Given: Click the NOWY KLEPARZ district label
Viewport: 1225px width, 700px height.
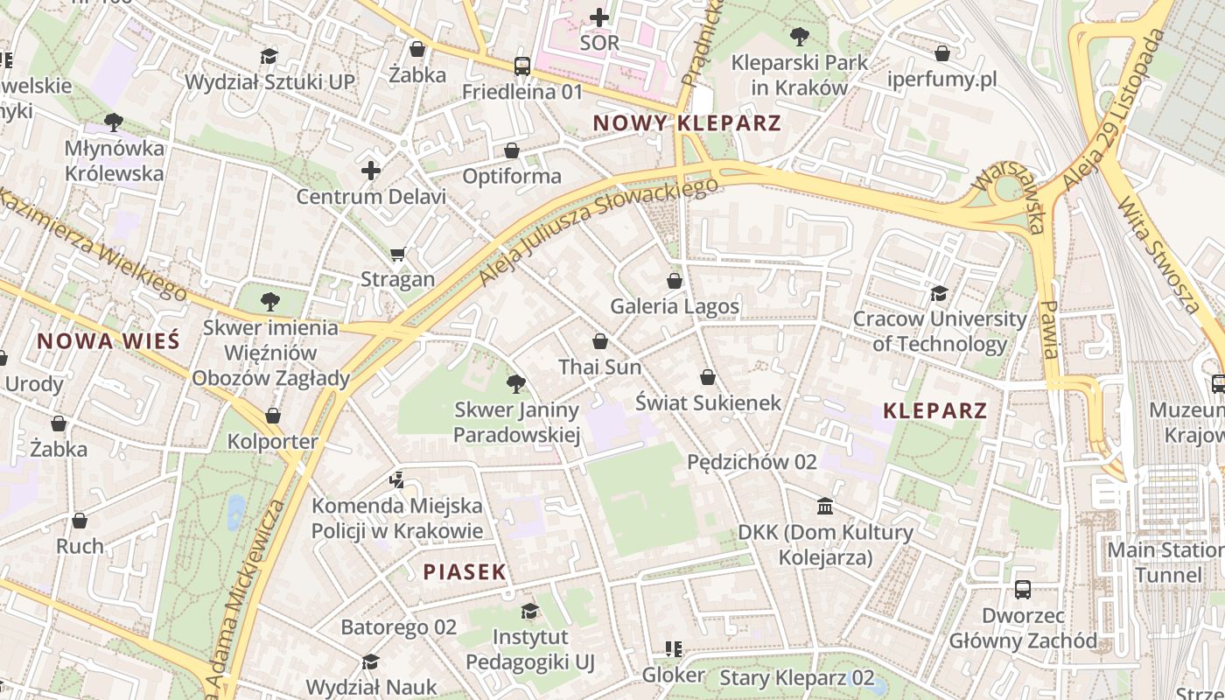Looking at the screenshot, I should (687, 122).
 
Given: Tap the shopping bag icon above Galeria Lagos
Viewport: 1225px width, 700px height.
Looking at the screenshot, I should (674, 281).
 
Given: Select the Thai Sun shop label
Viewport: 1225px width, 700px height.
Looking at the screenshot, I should (600, 367).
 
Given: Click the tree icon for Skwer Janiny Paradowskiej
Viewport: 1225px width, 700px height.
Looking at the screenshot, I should (516, 383).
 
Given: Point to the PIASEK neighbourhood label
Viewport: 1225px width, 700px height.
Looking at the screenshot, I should (465, 572).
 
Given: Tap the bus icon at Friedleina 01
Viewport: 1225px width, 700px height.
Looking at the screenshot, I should (522, 66).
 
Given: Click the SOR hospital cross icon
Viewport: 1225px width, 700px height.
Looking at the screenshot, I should (599, 17).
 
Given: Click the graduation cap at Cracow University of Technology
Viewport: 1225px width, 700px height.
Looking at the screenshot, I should (939, 293).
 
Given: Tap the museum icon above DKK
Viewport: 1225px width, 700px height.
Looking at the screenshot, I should (825, 506).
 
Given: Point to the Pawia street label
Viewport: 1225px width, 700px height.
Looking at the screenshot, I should (1050, 331).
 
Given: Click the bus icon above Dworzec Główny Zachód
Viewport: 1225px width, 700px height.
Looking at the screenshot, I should (1023, 589).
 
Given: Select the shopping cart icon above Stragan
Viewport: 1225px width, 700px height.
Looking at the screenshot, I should (398, 254).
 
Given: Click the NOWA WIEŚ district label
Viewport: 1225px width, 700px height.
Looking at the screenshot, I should (108, 341).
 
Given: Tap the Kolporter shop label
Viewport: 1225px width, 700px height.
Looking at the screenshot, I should (272, 441).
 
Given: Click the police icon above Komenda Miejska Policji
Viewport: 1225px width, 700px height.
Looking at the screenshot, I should (397, 479).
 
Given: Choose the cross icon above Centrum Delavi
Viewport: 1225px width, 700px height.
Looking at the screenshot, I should (371, 171).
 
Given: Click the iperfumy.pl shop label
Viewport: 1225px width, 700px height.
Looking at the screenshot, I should (941, 80).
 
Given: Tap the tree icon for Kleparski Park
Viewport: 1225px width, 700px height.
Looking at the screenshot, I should (799, 37).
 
